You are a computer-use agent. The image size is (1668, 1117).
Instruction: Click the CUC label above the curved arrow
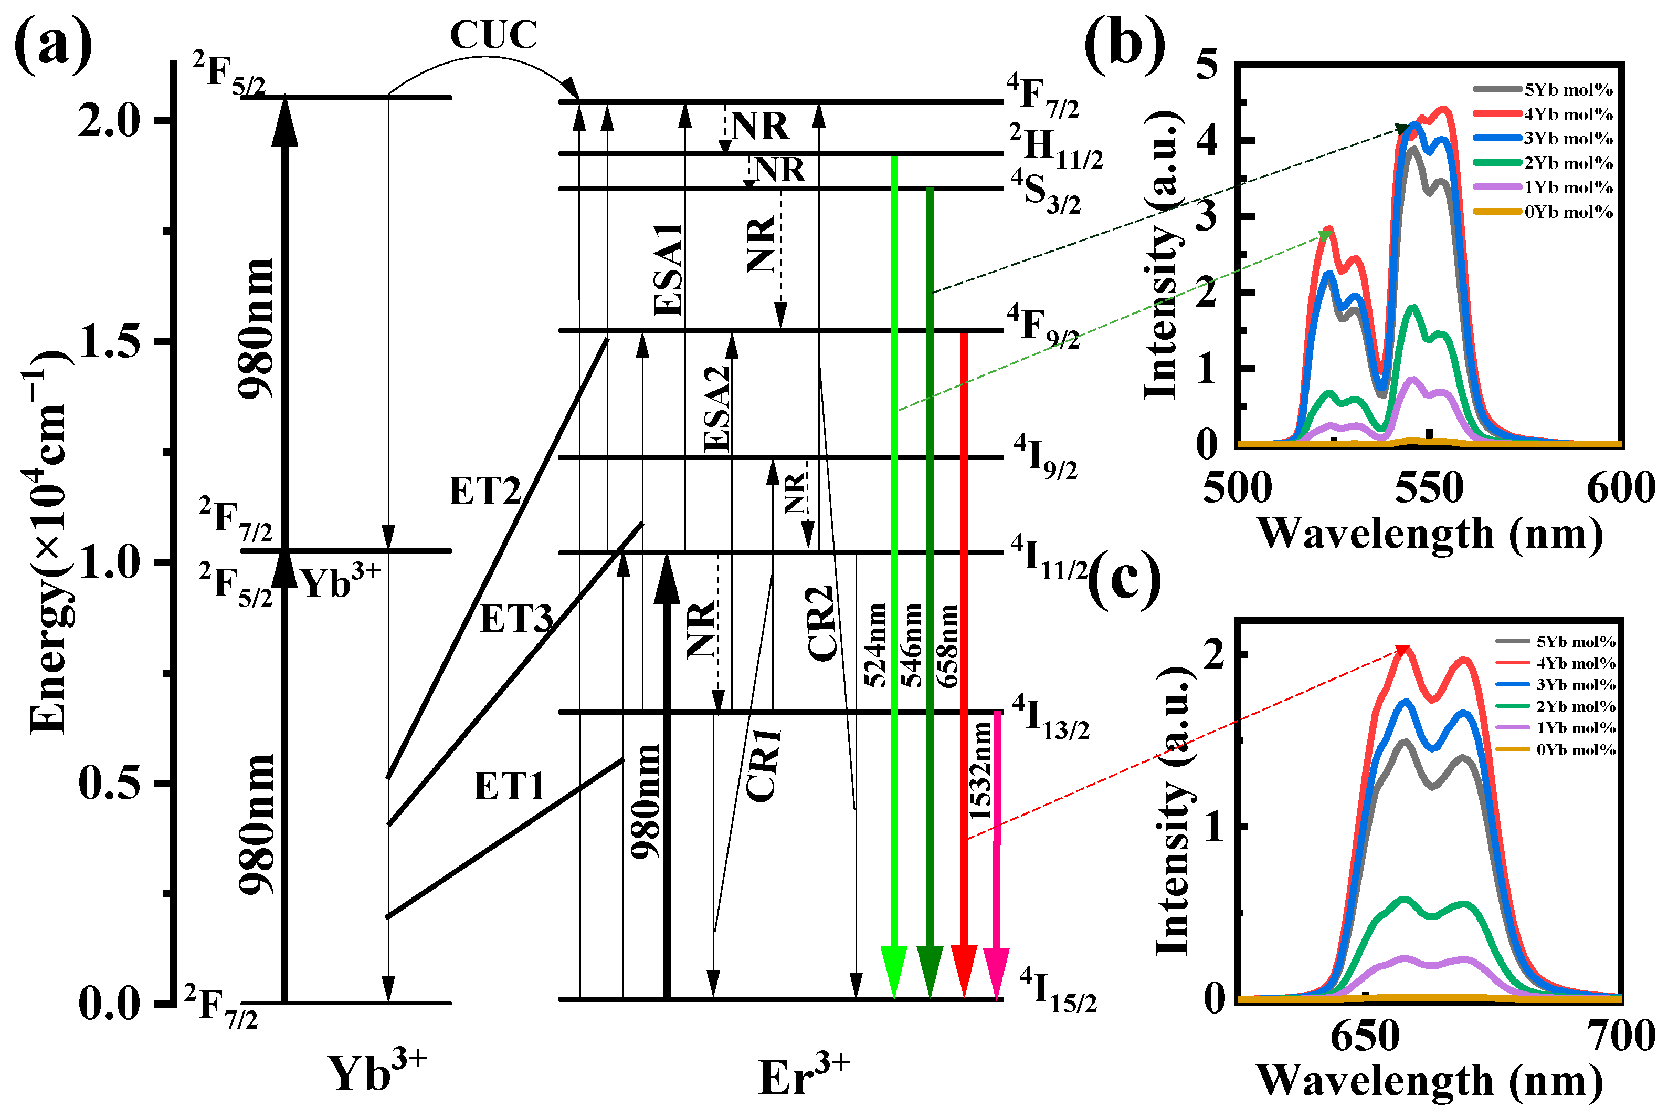coord(493,34)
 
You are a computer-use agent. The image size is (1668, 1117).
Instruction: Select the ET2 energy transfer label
coord(485,491)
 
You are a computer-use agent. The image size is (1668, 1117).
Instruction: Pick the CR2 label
coord(821,623)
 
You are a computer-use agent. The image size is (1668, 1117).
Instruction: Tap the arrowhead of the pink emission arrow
coord(996,973)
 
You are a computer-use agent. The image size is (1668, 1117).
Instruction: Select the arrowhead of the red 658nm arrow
coord(964,971)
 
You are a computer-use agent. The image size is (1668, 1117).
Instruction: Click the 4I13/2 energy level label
coord(1051,718)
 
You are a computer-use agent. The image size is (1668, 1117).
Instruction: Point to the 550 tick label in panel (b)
coord(1429,489)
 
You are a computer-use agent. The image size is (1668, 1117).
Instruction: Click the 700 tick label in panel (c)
coord(1622,1036)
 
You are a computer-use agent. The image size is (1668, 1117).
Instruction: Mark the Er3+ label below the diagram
coord(803,1077)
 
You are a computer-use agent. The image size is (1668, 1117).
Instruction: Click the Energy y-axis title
coord(48,541)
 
